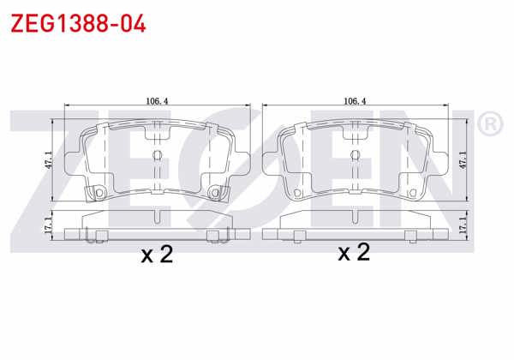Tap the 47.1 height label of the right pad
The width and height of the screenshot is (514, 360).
pos(463,160)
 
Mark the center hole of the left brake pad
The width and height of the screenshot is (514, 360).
pos(157,155)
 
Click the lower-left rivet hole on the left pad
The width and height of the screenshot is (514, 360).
pos(99,193)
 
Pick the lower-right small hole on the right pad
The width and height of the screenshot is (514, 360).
pos(415,193)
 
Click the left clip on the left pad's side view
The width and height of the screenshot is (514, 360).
pos(97,232)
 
